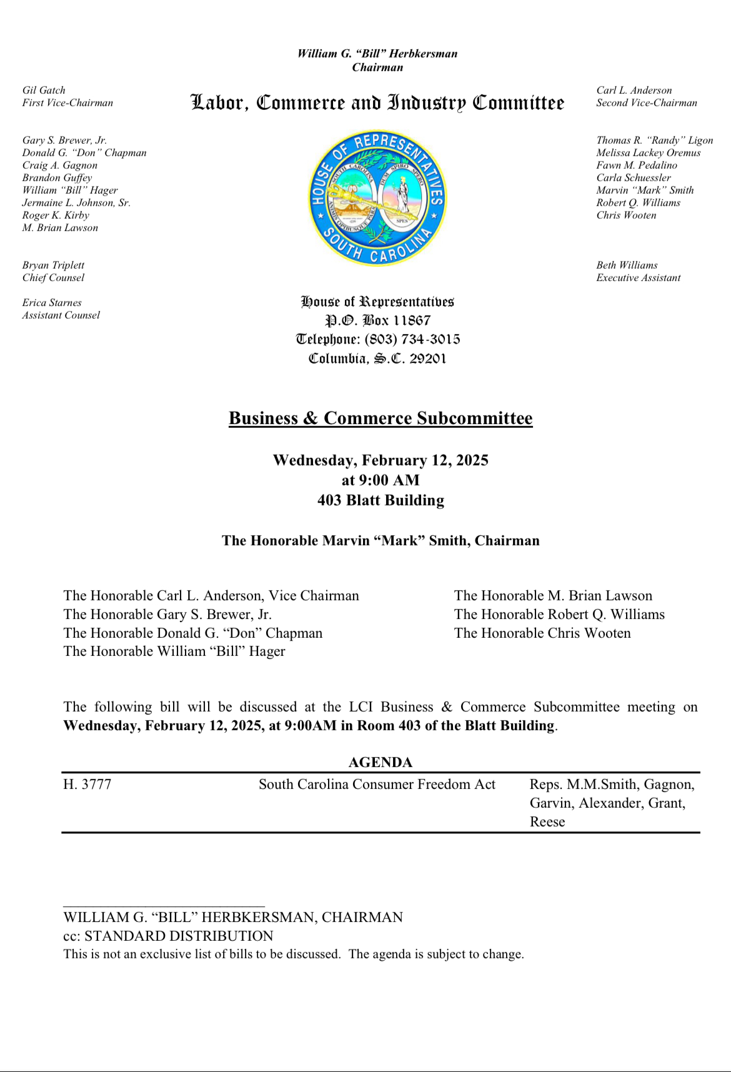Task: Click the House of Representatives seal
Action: (378, 198)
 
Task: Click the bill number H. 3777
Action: (87, 785)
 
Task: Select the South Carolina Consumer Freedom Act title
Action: (377, 785)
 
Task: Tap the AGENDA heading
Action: (380, 762)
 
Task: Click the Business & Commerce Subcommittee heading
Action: (380, 418)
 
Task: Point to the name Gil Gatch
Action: (44, 91)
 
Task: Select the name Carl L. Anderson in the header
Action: (634, 91)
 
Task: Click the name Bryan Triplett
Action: (53, 266)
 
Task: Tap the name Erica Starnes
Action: (52, 303)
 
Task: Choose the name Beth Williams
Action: (627, 266)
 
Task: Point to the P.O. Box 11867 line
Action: (378, 320)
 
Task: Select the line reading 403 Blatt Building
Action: (380, 500)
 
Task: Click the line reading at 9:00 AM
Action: (380, 480)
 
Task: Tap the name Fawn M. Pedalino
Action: (637, 166)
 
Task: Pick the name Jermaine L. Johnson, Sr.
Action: (76, 203)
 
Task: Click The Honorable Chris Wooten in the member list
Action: (542, 633)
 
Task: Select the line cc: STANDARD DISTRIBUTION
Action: (168, 936)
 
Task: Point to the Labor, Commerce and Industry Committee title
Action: (377, 102)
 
